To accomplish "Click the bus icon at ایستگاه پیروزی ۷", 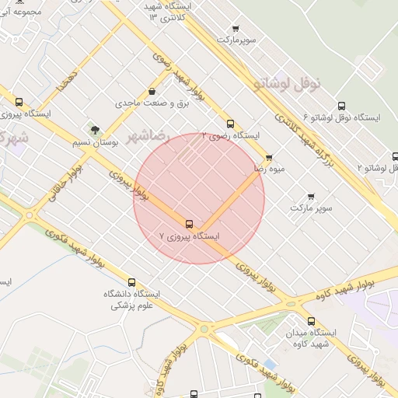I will pyautogui.click(x=189, y=224).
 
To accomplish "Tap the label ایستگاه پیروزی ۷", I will pyautogui.click(x=189, y=235).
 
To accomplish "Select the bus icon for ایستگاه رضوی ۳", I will pyautogui.click(x=230, y=124).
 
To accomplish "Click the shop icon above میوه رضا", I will pyautogui.click(x=269, y=158).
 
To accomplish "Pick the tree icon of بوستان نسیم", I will pyautogui.click(x=95, y=130).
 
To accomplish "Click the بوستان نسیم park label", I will pyautogui.click(x=95, y=142).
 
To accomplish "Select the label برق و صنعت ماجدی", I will pyautogui.click(x=148, y=103).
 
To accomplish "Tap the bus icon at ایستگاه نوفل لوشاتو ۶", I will pyautogui.click(x=341, y=106).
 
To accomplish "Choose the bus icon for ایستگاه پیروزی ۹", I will pyautogui.click(x=19, y=102).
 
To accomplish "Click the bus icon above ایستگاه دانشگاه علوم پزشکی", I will pyautogui.click(x=131, y=282).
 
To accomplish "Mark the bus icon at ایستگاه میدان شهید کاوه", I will pyautogui.click(x=312, y=320).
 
